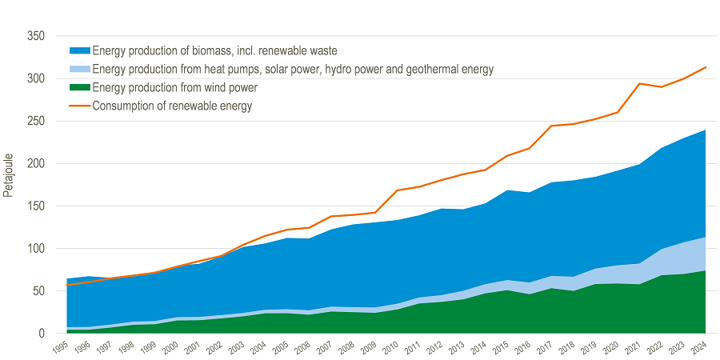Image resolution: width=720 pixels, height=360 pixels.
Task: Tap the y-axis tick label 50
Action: pyautogui.click(x=38, y=291)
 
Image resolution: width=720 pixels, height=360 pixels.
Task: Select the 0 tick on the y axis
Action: pyautogui.click(x=41, y=334)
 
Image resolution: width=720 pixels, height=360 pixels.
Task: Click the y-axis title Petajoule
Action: pyautogui.click(x=8, y=174)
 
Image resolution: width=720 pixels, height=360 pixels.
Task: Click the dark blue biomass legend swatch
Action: pyautogui.click(x=79, y=51)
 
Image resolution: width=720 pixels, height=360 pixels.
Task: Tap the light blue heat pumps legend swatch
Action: pyautogui.click(x=79, y=70)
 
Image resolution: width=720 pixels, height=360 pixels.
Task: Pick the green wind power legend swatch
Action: pyautogui.click(x=79, y=88)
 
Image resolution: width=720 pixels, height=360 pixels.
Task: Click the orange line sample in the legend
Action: pyautogui.click(x=79, y=106)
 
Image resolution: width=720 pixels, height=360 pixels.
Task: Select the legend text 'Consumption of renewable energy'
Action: pyautogui.click(x=172, y=106)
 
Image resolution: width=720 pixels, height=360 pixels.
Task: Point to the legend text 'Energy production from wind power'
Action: pyautogui.click(x=174, y=88)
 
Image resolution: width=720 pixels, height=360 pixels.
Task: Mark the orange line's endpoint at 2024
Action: pyautogui.click(x=705, y=67)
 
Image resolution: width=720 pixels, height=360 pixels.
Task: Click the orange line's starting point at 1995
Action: pyautogui.click(x=68, y=285)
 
